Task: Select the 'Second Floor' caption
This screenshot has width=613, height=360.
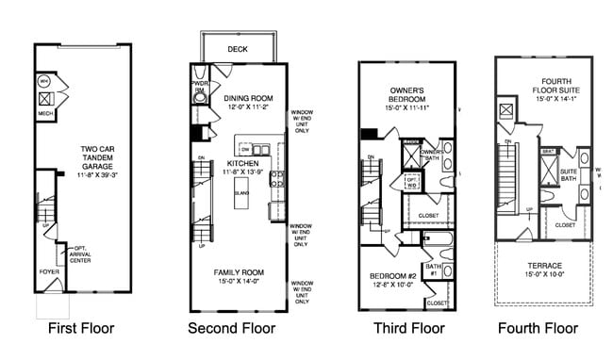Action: (231, 329)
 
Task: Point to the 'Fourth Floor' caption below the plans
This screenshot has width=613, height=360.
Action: (538, 329)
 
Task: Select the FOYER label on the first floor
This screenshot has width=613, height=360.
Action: (49, 271)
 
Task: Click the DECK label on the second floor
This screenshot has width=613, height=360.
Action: (236, 50)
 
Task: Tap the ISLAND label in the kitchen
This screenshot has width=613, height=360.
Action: (241, 190)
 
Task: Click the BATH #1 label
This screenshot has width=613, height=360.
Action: (435, 270)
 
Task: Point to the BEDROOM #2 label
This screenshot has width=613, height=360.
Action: (395, 275)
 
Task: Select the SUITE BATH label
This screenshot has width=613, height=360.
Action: (570, 175)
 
